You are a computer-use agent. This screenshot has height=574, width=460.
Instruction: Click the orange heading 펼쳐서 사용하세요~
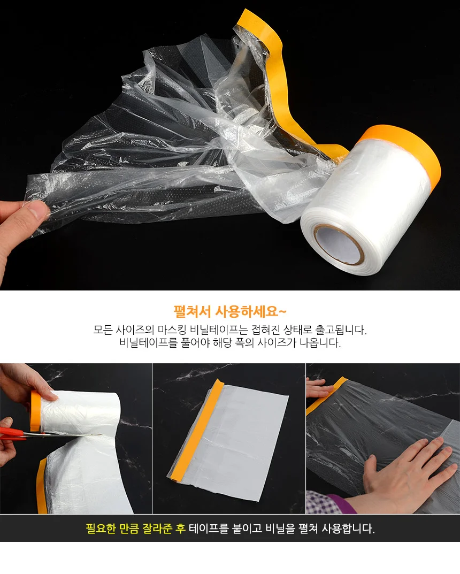(230, 311)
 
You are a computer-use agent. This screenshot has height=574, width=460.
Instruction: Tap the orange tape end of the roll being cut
(35, 411)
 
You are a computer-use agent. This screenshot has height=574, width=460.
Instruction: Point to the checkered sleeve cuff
(322, 502)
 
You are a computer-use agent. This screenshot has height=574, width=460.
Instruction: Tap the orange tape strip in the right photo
(326, 396)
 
